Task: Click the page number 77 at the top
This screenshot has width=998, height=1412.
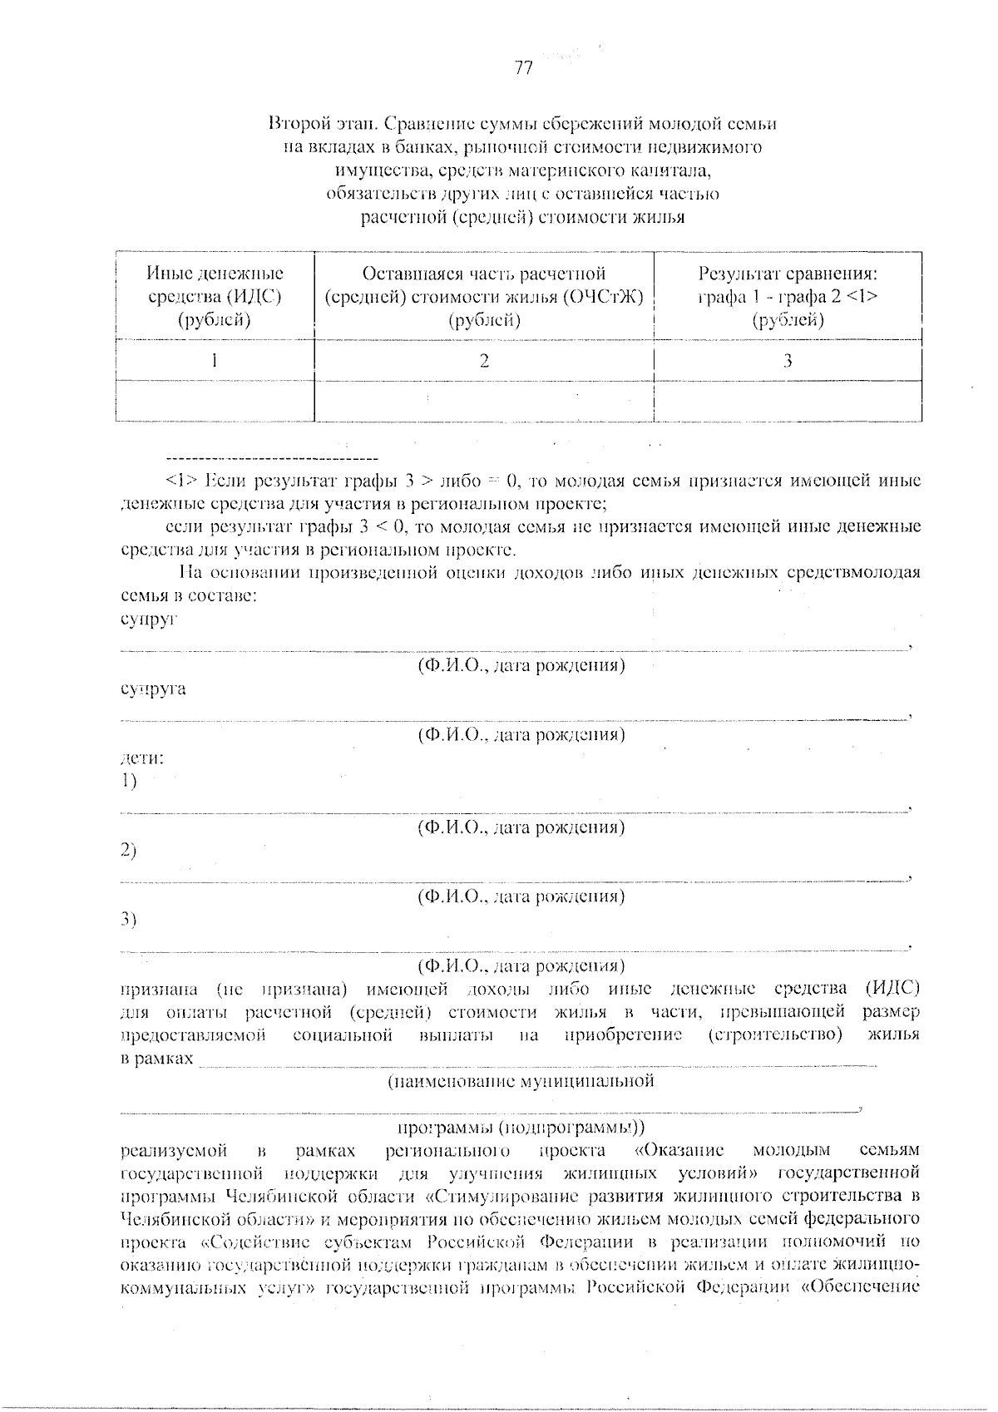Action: point(523,69)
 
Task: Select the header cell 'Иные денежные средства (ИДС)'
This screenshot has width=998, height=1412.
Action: point(215,296)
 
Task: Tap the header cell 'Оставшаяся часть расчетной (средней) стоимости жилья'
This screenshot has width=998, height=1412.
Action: point(484,296)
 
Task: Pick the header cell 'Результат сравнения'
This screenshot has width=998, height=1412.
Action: point(788,296)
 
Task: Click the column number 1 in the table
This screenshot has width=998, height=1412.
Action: point(215,360)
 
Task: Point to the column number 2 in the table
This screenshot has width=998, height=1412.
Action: point(484,360)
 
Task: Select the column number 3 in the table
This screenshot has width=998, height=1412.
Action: point(788,360)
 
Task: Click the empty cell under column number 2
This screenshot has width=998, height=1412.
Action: point(484,401)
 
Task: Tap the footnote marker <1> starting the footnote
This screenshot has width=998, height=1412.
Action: point(182,481)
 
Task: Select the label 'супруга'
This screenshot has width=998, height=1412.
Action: point(153,689)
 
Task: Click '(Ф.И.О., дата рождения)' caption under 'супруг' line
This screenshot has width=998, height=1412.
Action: point(521,665)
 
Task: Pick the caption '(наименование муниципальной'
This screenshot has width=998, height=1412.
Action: point(521,1081)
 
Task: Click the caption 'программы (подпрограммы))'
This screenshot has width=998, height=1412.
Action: point(521,1128)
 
